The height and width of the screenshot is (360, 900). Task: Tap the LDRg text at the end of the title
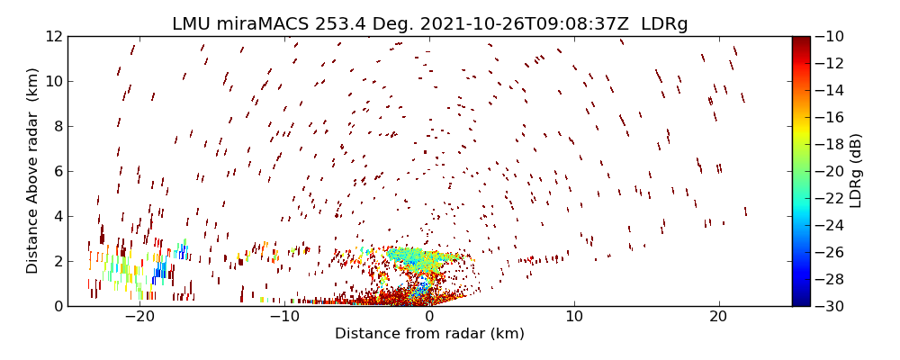click(664, 24)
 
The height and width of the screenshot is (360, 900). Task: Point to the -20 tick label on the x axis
click(139, 317)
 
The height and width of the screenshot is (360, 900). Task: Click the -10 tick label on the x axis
click(284, 317)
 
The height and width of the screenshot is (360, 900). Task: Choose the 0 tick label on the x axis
click(429, 317)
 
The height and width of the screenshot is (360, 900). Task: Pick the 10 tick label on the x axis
click(574, 317)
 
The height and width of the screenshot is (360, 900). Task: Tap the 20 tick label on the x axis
click(718, 317)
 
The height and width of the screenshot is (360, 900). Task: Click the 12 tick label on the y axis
click(53, 37)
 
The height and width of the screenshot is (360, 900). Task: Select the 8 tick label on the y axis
click(57, 127)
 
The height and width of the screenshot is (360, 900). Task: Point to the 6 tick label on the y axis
click(57, 172)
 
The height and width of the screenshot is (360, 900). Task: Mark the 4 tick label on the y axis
click(57, 217)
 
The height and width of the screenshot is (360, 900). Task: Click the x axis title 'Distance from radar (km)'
click(429, 334)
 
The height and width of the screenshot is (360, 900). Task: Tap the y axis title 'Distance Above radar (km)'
click(32, 171)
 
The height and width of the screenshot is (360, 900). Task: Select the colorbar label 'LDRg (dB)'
click(856, 171)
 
